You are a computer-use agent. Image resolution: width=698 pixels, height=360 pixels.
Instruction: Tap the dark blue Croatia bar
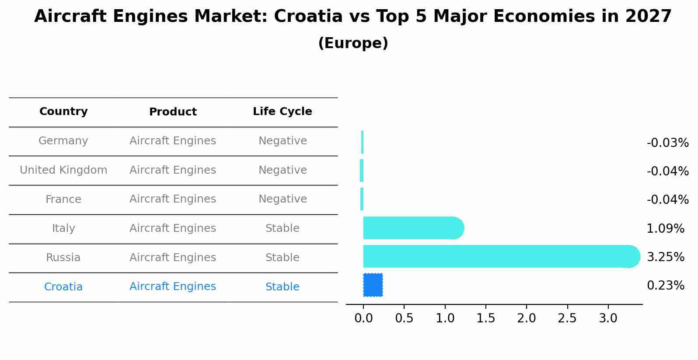373,285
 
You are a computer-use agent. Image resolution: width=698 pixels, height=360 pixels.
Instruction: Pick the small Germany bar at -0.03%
362,142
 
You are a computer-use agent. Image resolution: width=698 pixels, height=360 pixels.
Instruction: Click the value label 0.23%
665,286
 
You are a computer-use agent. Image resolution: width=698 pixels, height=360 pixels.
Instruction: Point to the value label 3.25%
665,257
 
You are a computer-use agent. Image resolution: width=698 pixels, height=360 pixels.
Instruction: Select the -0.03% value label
667,143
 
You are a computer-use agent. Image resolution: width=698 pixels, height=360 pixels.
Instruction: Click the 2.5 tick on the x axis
567,318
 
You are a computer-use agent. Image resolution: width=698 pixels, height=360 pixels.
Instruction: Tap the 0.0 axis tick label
363,318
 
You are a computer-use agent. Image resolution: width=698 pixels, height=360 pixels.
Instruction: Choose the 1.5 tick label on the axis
485,318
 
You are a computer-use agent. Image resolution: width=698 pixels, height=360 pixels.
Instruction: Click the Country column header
63,112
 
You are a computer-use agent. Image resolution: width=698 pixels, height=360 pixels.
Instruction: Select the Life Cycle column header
282,112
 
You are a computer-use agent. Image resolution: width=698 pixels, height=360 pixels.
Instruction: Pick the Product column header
173,112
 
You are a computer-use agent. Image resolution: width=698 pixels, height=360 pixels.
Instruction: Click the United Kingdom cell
63,170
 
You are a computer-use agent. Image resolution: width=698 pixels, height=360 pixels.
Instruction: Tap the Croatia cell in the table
63,287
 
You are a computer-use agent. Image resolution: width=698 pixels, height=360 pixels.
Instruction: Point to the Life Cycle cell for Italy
282,228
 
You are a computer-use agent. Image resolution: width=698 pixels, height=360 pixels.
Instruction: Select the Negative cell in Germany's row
282,141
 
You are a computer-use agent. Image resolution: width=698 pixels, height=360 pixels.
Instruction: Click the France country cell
63,199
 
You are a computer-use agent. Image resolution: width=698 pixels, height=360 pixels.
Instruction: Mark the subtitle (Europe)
353,43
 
